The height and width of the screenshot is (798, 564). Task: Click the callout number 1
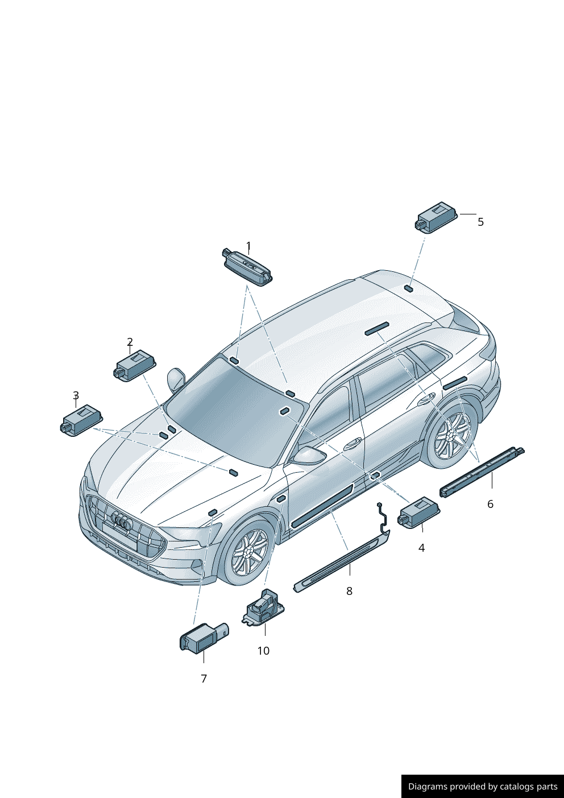248,246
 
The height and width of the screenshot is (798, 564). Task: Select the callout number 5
480,222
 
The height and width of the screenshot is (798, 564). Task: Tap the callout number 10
263,651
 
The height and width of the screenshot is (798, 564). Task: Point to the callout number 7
204,679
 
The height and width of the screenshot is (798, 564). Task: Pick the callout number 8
349,591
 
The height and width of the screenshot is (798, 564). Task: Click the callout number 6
490,504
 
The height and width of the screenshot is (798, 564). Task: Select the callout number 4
421,548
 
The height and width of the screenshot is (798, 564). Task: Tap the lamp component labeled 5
436,217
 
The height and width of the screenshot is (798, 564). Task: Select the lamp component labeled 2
136,366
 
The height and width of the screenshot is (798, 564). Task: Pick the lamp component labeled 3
81,420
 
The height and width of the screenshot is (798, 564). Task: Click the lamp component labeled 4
418,513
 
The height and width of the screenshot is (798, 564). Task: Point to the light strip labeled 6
482,472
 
